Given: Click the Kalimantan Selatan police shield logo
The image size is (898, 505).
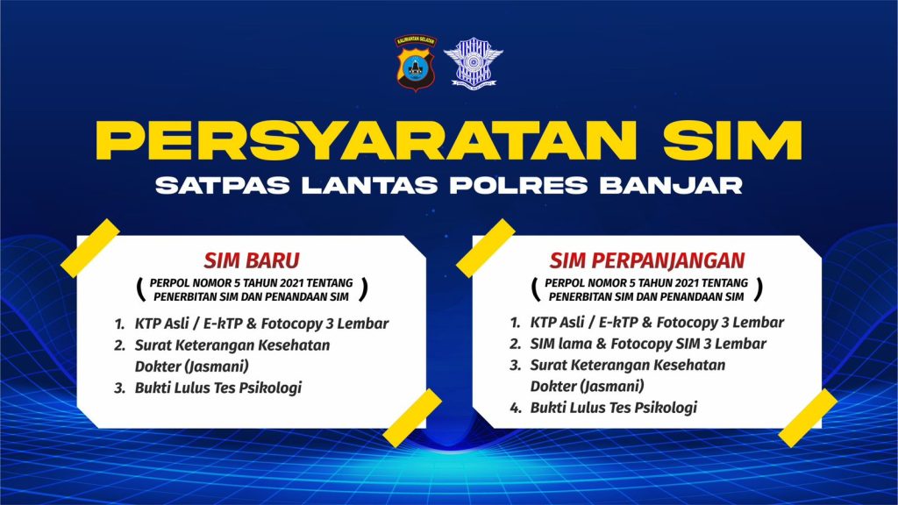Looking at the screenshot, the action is click(x=415, y=63).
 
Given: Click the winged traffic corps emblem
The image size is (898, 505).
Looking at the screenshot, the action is click(x=473, y=63).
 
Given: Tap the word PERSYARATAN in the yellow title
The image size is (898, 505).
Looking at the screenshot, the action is click(x=367, y=140).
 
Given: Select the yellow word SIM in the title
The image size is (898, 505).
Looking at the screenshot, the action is click(x=732, y=140).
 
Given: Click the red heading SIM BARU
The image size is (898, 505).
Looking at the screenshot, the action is click(x=252, y=260).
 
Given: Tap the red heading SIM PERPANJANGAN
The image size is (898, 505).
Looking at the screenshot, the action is click(x=647, y=260).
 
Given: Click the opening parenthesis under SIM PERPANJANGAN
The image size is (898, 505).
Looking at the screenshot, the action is click(x=536, y=289).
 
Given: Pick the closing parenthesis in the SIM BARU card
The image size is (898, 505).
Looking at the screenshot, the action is click(x=363, y=289).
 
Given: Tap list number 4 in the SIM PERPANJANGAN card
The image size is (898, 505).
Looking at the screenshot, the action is click(x=516, y=408).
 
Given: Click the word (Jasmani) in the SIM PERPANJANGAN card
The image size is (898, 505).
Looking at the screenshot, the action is click(x=612, y=386).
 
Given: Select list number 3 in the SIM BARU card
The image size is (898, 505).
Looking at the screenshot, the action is click(x=119, y=388).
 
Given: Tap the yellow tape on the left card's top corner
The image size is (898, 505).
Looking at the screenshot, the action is click(x=90, y=248).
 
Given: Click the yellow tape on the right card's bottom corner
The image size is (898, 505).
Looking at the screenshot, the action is click(x=808, y=418).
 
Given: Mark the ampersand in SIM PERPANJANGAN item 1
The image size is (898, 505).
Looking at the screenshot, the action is click(x=647, y=323).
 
